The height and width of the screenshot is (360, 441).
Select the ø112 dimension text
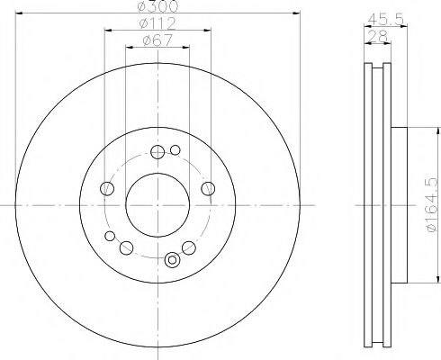click(x=157, y=22)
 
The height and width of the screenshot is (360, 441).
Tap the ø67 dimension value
click(x=157, y=40)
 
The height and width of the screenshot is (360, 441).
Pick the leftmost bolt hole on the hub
click(x=107, y=188)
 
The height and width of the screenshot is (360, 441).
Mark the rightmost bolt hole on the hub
click(x=208, y=188)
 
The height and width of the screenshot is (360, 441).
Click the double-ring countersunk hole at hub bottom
click(x=172, y=262)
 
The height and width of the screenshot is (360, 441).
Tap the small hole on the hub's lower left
click(x=111, y=237)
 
